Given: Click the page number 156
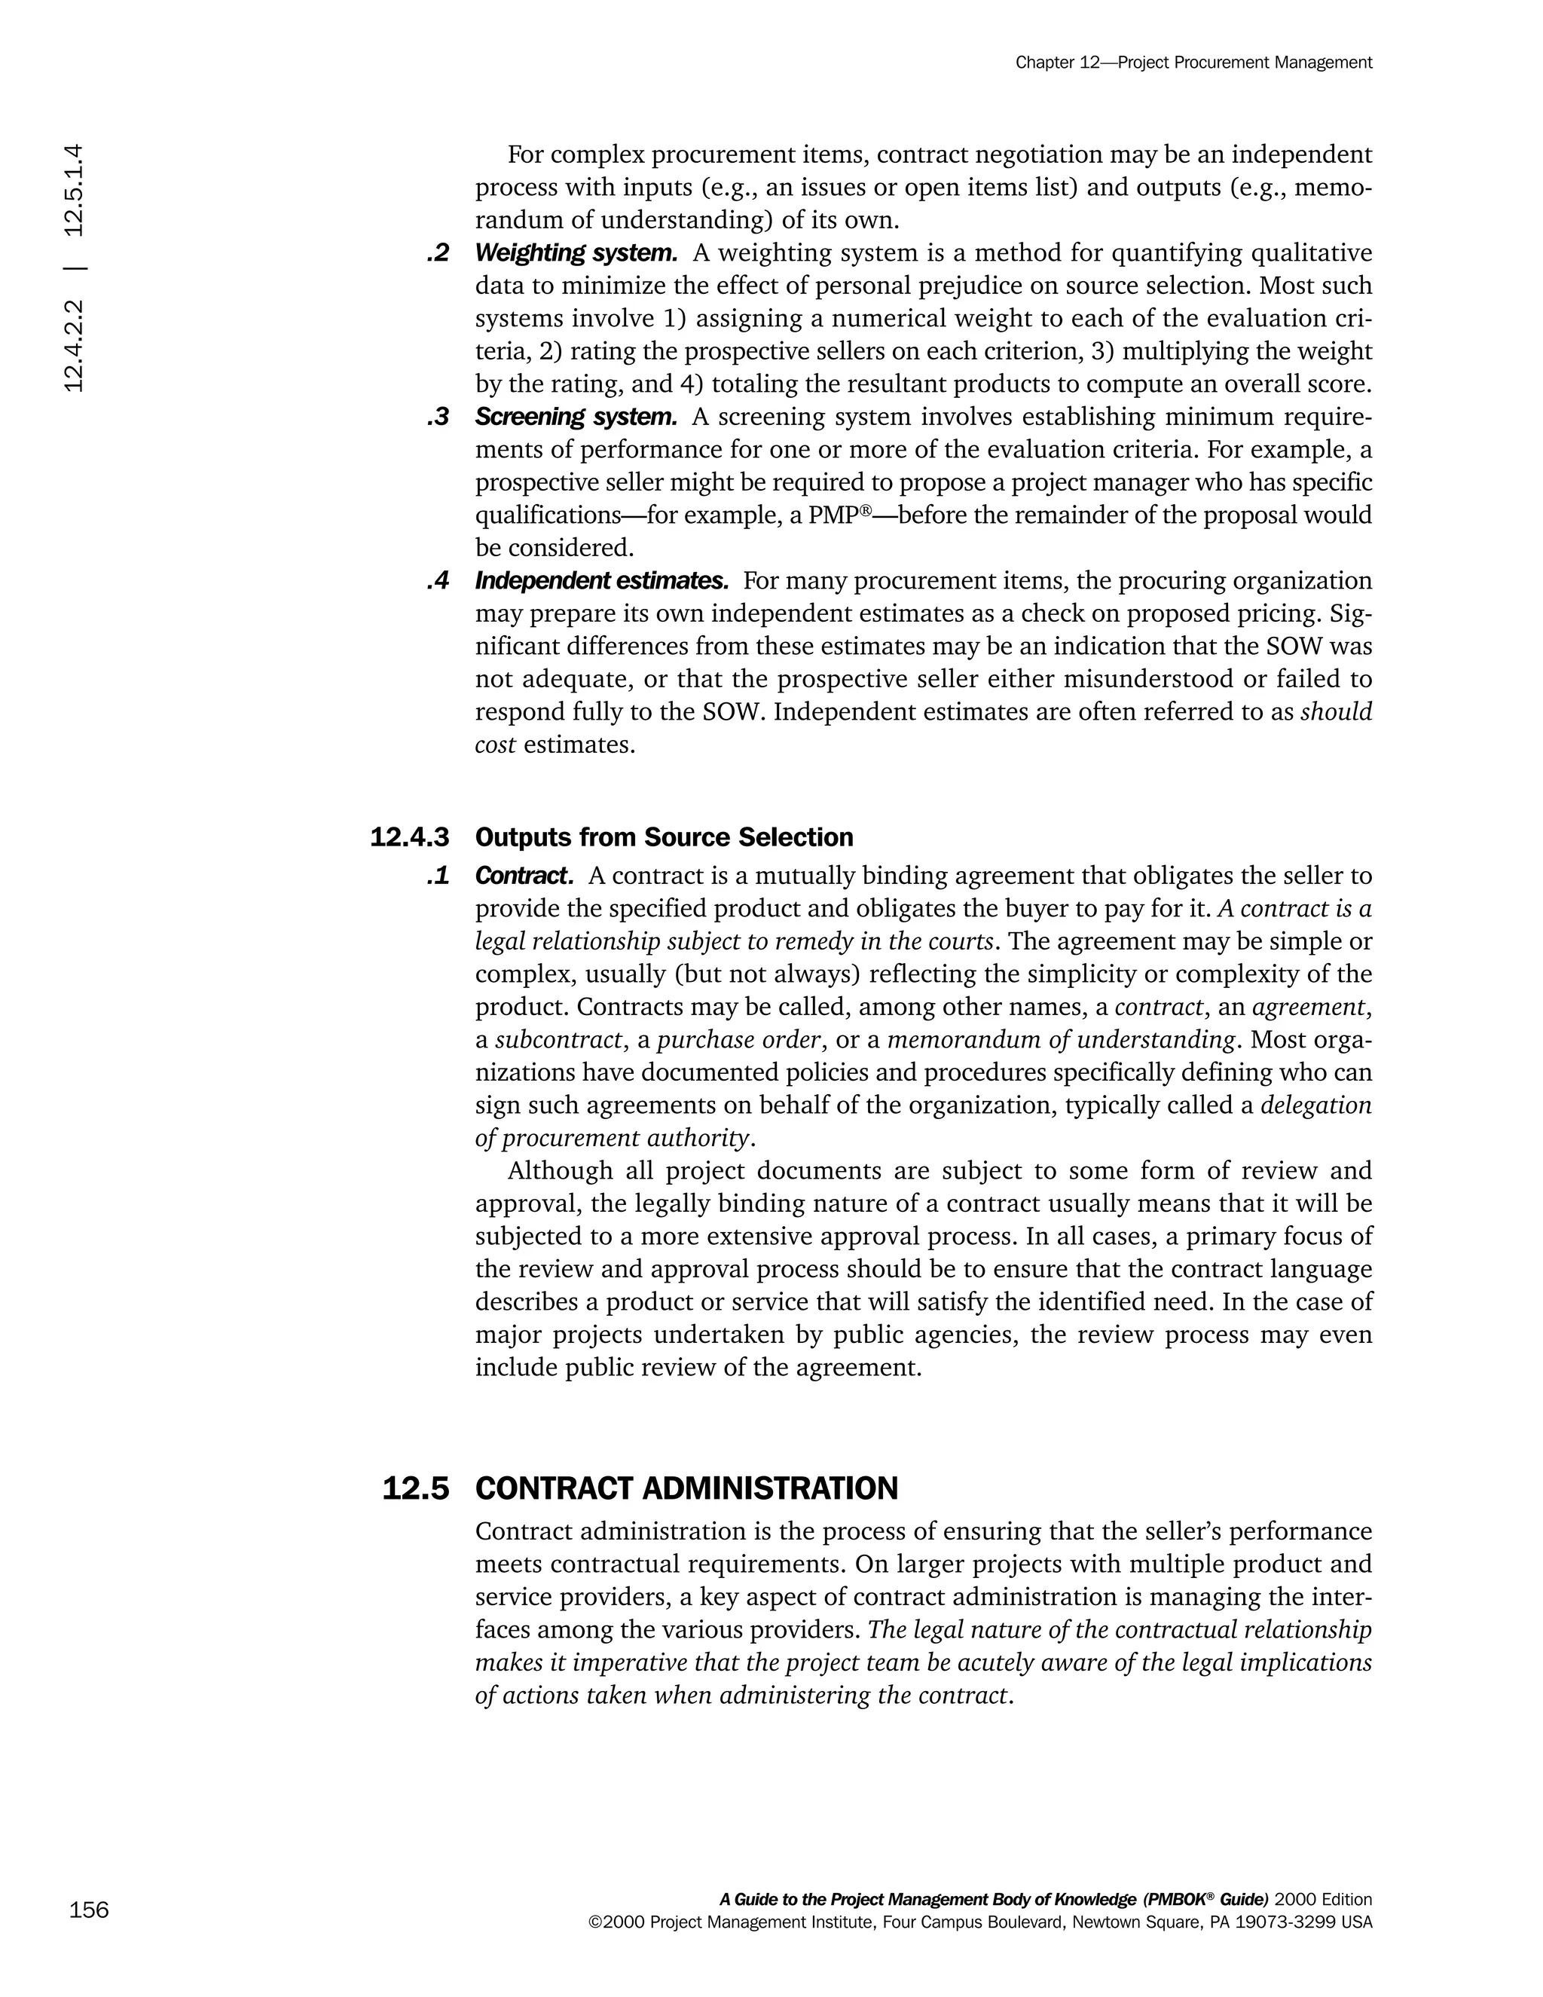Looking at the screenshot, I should (89, 1910).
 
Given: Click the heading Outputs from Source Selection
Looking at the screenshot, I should (664, 837).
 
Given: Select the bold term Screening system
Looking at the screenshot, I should (576, 417).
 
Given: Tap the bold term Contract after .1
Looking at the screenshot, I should (524, 876).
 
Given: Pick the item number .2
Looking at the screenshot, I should (438, 252).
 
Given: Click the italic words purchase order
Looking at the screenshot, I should (738, 1040).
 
